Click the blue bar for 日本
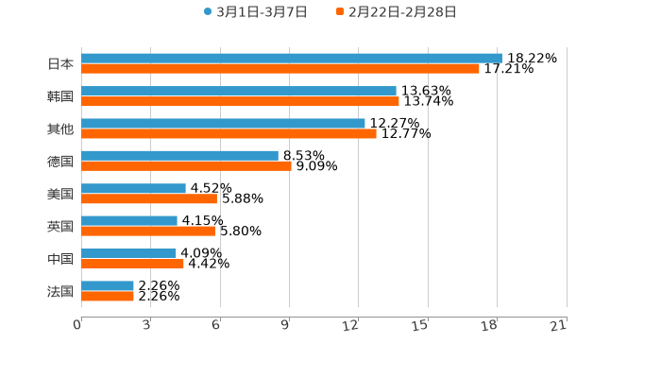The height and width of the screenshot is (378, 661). [291, 59]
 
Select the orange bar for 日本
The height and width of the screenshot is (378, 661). [280, 69]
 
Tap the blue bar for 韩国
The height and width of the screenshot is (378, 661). [238, 91]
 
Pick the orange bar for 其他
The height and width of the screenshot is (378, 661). [229, 133]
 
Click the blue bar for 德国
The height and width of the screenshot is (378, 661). [179, 155]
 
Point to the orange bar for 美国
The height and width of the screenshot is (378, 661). [149, 198]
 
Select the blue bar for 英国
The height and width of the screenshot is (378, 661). [129, 220]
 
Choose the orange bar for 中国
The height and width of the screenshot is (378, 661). [132, 264]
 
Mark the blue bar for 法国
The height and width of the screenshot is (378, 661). [108, 285]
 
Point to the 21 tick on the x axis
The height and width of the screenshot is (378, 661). [558, 325]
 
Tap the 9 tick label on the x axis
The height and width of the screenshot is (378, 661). [286, 325]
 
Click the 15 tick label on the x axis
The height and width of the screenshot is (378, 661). [421, 325]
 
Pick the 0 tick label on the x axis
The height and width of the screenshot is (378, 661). [78, 325]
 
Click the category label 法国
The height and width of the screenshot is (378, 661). [60, 291]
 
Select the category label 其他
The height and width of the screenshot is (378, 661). [60, 129]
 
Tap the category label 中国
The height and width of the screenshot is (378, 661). [60, 259]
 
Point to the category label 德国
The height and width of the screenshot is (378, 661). [60, 161]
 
